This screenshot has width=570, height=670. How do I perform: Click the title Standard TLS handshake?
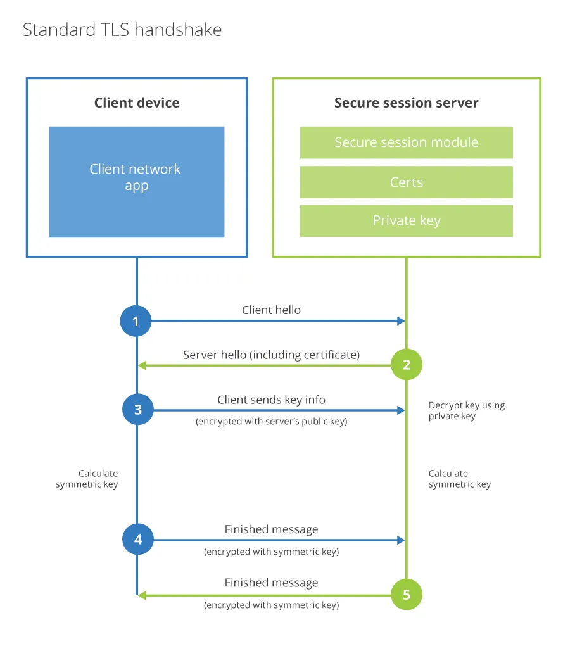point(122,30)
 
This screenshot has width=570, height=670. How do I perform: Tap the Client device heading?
point(137,103)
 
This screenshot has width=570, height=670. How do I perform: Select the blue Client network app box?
point(137,182)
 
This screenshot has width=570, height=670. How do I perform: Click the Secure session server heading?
point(406,103)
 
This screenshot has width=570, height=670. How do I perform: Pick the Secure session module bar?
point(406,142)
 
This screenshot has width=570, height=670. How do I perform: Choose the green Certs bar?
point(406,182)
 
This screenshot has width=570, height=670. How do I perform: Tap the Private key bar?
point(406,220)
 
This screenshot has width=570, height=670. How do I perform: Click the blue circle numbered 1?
point(136,321)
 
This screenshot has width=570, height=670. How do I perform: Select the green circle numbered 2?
point(406,364)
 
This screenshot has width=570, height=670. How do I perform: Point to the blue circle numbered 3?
point(137,410)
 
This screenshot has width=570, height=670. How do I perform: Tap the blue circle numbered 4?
point(137,540)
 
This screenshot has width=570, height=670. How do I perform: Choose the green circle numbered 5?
point(406,595)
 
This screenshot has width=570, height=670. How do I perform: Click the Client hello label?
point(271,310)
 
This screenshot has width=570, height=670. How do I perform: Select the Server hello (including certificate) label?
point(271,355)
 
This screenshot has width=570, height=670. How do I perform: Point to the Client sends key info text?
point(271,400)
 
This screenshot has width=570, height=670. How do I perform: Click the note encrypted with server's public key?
point(271,421)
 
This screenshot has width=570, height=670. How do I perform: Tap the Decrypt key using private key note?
point(466,410)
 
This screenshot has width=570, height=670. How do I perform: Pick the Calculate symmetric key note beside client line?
point(87,479)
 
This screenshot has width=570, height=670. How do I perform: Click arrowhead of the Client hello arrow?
point(401,321)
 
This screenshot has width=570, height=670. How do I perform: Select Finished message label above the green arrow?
point(271,583)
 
